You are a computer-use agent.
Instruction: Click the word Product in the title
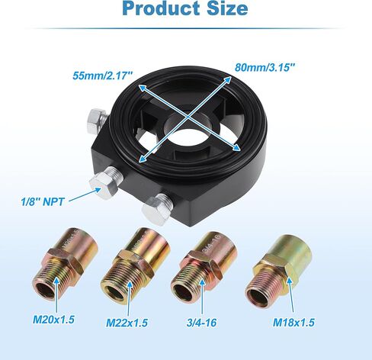161,8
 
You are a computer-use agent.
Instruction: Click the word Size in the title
227,8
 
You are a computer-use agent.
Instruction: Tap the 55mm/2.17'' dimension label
103,76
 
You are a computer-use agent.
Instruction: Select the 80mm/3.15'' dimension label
265,68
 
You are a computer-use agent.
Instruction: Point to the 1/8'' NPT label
43,202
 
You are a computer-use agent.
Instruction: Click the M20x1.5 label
53,320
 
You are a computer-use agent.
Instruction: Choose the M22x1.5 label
127,323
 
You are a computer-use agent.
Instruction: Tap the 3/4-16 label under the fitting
201,323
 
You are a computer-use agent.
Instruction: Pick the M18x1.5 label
293,323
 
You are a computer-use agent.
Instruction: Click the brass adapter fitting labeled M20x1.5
66,264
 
